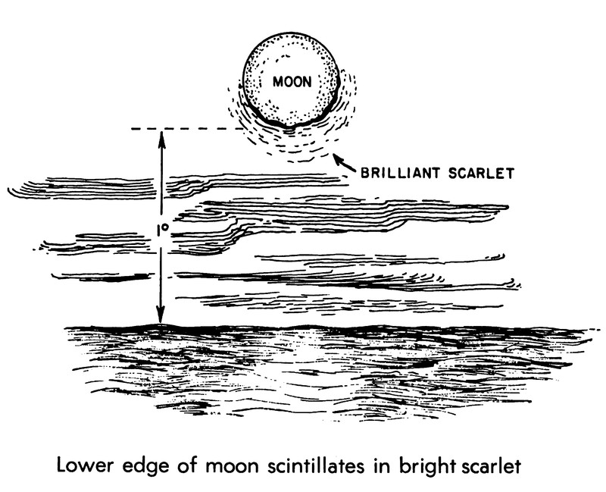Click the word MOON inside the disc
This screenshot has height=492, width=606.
[x=290, y=81]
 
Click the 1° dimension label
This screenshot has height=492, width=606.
[x=161, y=230]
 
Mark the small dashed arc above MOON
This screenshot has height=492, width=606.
[x=285, y=58]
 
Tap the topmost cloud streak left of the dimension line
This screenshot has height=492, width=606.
[x=83, y=183]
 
